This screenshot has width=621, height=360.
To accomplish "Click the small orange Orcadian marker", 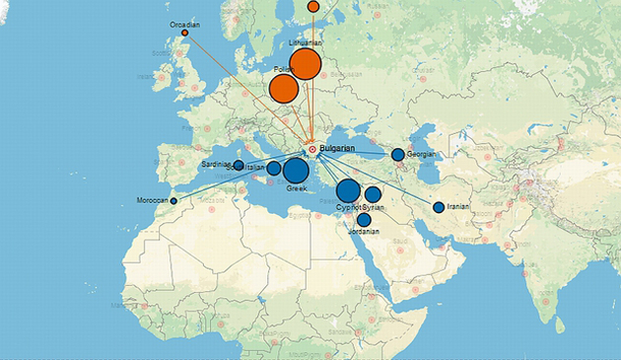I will pos(184,34).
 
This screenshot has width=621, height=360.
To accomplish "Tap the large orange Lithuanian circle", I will pos(306,65).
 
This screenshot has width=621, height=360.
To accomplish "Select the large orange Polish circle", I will pos(284,90).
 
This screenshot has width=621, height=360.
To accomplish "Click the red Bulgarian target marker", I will pos(312,149).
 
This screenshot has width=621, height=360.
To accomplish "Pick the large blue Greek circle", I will pos(295,171).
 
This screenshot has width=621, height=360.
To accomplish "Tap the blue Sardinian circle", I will pos(239,165).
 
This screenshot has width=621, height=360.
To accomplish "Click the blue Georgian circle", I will pos(397,155).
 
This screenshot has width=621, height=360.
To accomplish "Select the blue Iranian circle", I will pos(439,207).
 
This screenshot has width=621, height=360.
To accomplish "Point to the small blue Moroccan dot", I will pos(173,201).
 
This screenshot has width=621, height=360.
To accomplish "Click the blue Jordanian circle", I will pos(364,220).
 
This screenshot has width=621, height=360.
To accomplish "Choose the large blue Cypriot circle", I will pos(348,191).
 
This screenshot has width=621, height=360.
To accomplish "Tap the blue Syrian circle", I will pos(374,194).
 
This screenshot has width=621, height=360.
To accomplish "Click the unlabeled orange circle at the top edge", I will pos(313,6).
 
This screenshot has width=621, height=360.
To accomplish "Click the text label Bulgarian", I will pos(339,148).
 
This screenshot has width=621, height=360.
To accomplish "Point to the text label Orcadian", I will pos(184,23).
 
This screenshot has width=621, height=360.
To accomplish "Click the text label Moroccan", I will pos(152,201).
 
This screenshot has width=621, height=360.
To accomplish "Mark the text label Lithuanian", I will pos(306,43).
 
